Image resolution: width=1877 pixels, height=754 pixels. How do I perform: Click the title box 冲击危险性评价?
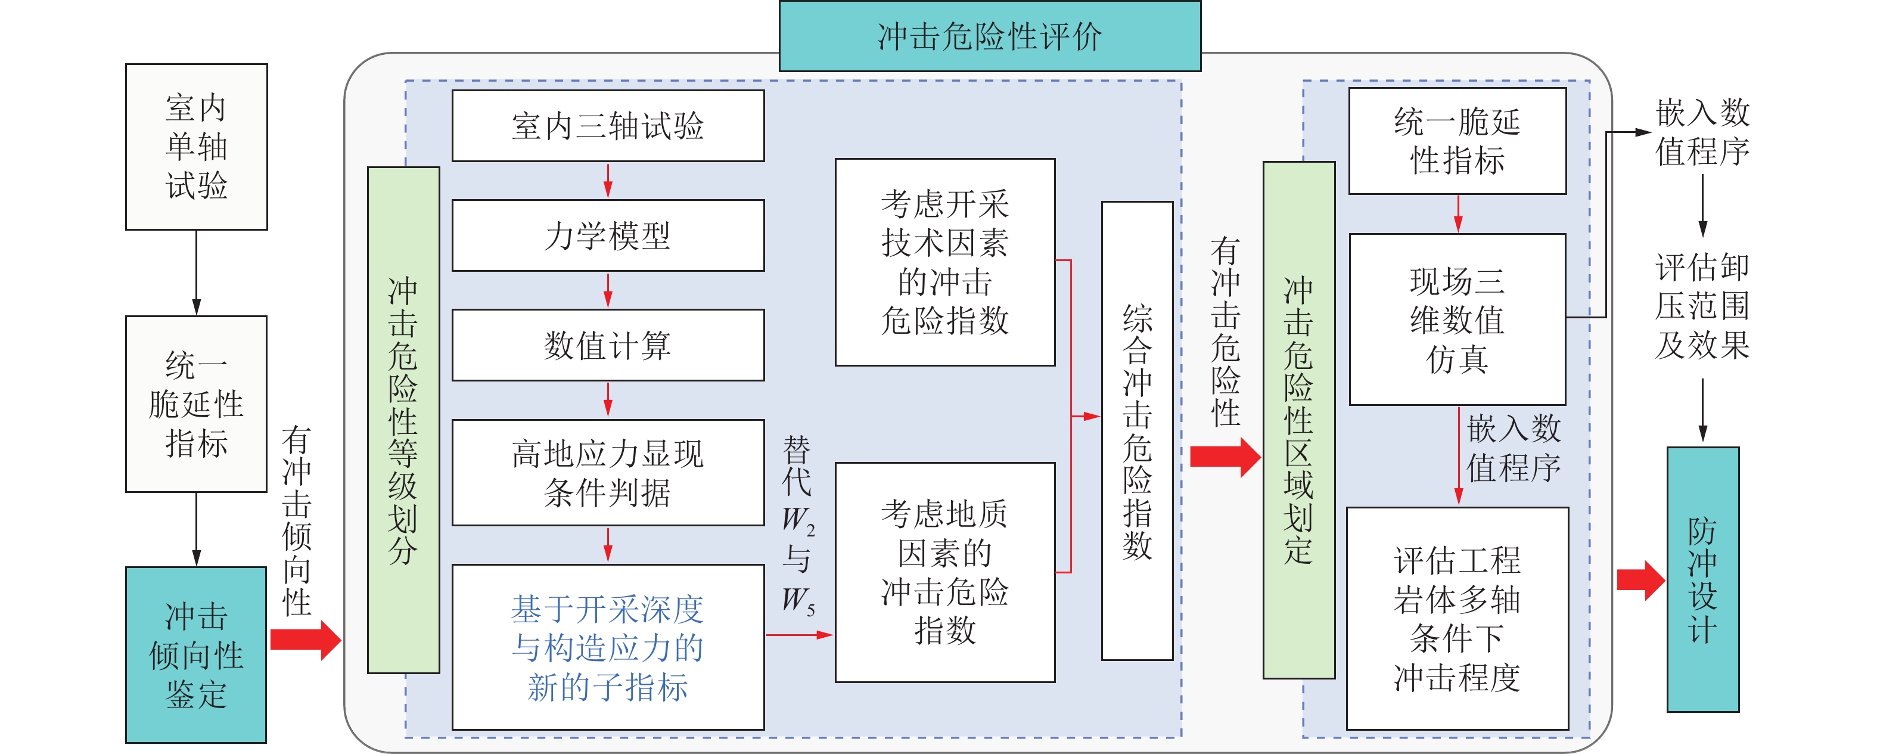click(x=990, y=36)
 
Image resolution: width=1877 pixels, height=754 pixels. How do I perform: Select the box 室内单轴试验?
click(x=196, y=147)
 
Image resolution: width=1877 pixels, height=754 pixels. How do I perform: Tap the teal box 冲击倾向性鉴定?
click(x=196, y=655)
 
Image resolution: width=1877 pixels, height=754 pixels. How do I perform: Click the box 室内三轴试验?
click(x=608, y=125)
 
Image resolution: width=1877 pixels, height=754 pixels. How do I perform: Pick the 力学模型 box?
click(x=608, y=235)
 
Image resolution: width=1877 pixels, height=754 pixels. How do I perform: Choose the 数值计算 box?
click(x=608, y=345)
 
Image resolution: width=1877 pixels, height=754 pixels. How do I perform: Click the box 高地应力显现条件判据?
click(x=608, y=473)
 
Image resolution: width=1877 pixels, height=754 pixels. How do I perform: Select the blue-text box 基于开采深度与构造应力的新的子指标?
click(x=608, y=647)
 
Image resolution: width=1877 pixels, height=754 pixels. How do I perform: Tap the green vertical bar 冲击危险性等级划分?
click(x=403, y=420)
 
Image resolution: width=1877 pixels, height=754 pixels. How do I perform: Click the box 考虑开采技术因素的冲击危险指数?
click(x=944, y=262)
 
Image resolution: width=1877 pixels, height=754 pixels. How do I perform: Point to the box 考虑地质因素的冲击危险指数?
click(x=944, y=572)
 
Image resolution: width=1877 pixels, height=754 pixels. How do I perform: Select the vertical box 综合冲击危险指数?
click(x=1137, y=430)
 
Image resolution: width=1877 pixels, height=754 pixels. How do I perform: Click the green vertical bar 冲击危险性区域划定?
click(x=1298, y=420)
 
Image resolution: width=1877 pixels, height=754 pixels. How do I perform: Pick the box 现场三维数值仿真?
click(x=1458, y=319)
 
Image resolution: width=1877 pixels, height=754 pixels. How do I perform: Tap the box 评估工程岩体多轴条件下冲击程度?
click(x=1458, y=618)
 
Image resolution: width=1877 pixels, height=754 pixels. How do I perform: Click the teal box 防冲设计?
click(x=1703, y=580)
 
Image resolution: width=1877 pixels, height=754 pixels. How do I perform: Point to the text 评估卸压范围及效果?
click(x=1702, y=306)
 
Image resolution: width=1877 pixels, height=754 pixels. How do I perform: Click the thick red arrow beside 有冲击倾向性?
click(x=305, y=640)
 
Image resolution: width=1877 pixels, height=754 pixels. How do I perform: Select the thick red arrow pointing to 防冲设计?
click(x=1640, y=581)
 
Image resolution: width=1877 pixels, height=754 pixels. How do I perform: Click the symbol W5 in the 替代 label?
click(x=798, y=601)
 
